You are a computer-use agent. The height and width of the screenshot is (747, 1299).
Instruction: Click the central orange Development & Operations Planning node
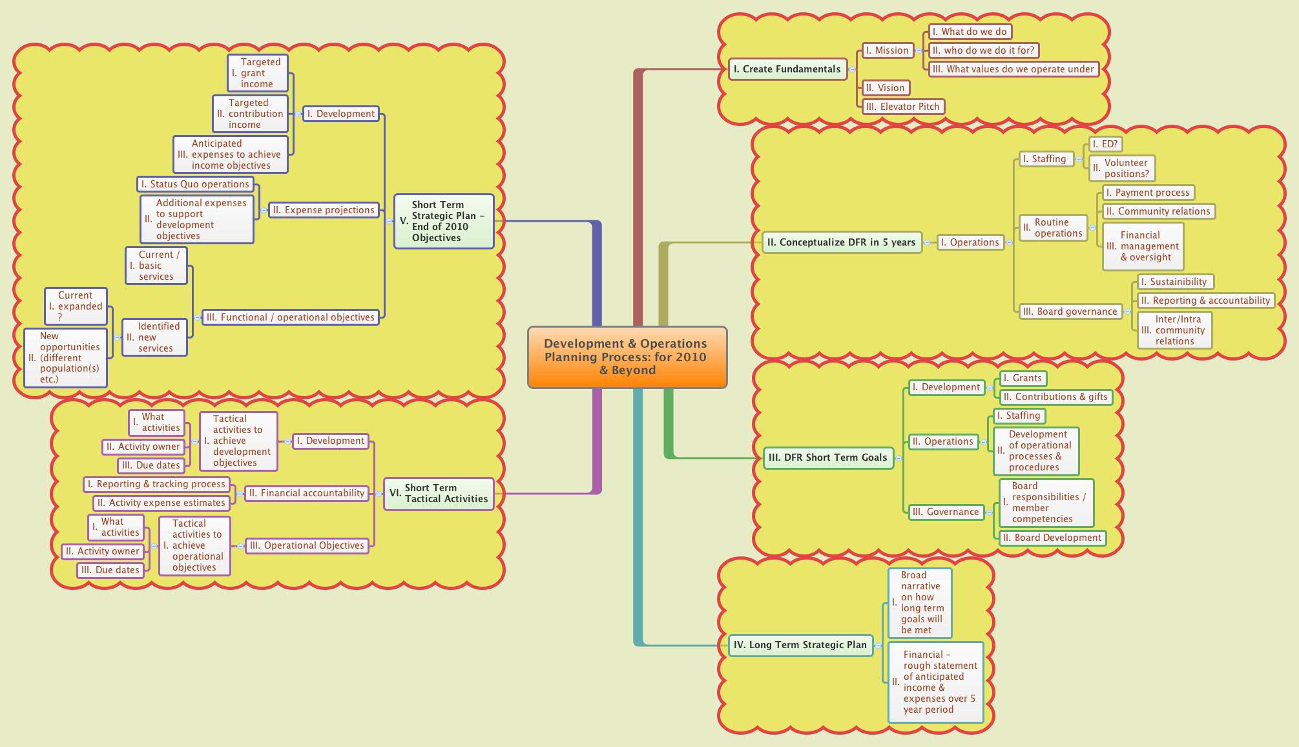click(627, 357)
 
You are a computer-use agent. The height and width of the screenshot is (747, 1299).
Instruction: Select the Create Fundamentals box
click(787, 69)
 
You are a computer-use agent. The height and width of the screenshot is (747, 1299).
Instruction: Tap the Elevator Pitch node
click(903, 107)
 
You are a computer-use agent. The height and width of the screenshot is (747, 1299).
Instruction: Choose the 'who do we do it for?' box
click(983, 50)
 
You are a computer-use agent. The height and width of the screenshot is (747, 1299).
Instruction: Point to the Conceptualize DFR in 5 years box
click(841, 242)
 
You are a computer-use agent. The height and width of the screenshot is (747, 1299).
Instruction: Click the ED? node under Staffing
click(1104, 144)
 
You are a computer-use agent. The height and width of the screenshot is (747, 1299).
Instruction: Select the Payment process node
click(1147, 193)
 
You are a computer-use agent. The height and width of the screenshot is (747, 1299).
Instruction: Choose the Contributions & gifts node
click(1055, 397)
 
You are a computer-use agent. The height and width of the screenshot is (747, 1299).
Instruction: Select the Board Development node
click(1052, 538)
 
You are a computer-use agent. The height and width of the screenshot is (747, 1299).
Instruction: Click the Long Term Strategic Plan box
click(800, 645)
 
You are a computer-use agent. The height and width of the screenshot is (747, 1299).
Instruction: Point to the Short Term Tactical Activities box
click(439, 494)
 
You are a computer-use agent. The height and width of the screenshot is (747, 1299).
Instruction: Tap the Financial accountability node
click(306, 493)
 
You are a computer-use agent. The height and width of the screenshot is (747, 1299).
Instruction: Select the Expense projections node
click(323, 210)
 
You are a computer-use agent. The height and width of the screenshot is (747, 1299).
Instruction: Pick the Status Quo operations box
click(195, 184)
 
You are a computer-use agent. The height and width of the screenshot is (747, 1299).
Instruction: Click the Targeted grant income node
click(257, 73)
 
